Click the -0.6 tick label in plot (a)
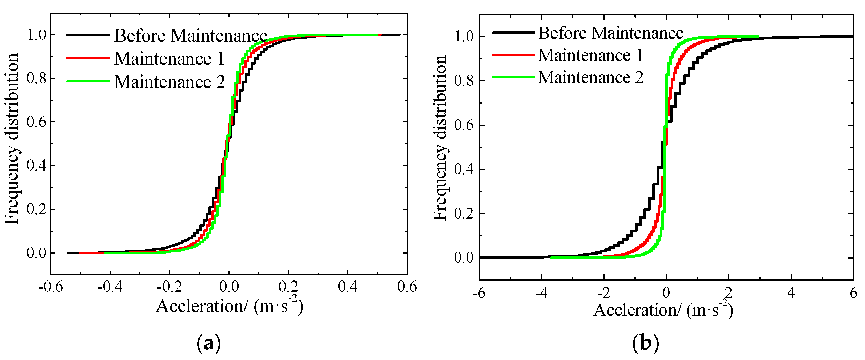point(50,287)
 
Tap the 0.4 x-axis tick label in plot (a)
point(347,287)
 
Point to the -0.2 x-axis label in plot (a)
point(169,287)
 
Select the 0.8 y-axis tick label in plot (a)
point(36,78)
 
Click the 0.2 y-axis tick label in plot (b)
point(464,213)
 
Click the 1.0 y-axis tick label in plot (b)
point(464,37)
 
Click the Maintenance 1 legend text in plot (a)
point(169,58)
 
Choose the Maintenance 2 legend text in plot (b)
point(591,78)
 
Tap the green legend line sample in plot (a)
point(88,81)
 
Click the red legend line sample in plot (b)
point(514,55)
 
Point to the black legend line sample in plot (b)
point(514,33)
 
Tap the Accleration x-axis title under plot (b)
point(663,310)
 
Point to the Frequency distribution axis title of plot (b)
point(440,138)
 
